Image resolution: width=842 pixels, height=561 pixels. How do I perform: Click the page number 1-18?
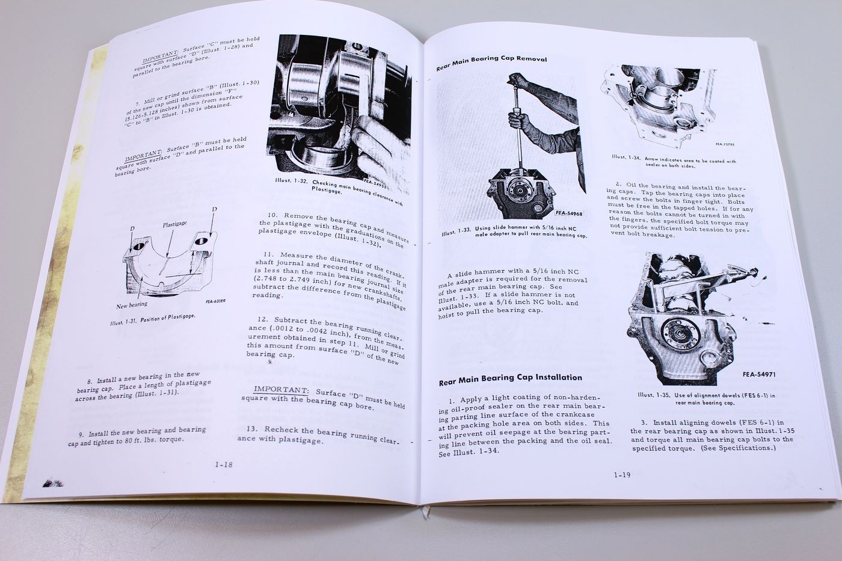[224, 464]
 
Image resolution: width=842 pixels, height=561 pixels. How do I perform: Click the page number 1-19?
[622, 475]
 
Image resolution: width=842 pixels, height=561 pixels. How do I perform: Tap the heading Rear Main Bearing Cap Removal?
[491, 63]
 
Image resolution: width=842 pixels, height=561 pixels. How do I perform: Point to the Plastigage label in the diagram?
[174, 224]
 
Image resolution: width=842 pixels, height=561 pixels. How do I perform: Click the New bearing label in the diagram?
[132, 305]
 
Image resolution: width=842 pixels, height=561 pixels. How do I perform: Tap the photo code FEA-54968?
[569, 213]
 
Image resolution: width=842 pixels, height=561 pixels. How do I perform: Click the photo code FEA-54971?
[758, 374]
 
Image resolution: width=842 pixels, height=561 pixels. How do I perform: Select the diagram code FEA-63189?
[215, 301]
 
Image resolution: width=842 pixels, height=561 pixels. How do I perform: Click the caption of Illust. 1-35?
[706, 399]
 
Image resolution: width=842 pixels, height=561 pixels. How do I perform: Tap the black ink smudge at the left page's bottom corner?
[53, 483]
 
